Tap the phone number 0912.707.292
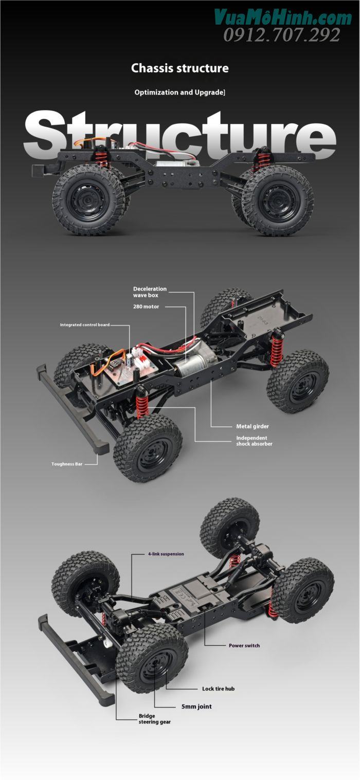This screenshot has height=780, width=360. pos(281,35)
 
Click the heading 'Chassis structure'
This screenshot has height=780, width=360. pos(179,68)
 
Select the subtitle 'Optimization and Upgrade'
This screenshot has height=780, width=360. pos(179,93)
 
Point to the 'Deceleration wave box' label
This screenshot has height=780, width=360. pos(150,292)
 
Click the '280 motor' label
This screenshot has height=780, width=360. pos(146,306)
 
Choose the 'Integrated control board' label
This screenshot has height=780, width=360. pos(84,325)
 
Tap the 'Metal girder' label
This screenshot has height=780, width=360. pos(252,426)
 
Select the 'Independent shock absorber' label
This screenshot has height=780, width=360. pos(254,441)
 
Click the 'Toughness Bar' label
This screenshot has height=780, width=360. pos(67,464)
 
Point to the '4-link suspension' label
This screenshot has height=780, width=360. pos(166,554)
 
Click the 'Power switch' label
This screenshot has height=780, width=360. pos(244,645)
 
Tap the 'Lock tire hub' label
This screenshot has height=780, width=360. pos(218,688)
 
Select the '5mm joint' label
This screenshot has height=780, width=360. pos(196,706)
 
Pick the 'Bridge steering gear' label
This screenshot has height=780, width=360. pos(154,719)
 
